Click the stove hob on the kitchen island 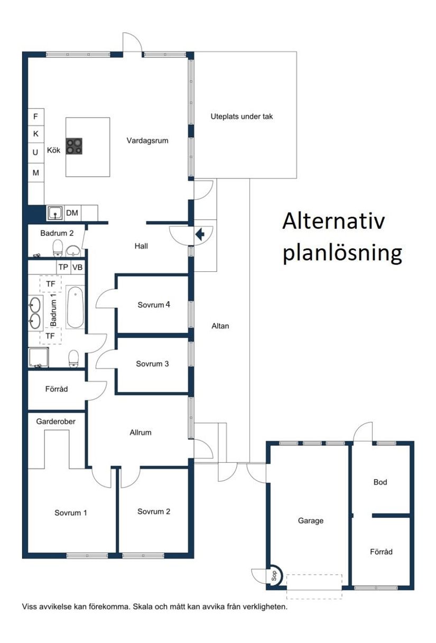[x=74, y=146]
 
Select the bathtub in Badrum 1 [x=75, y=307]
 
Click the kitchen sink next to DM [x=55, y=213]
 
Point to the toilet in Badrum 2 [x=58, y=247]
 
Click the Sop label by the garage [x=274, y=576]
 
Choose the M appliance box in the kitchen [x=36, y=172]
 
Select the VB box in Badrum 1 [x=78, y=268]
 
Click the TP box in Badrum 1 [x=63, y=268]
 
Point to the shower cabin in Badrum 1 [x=38, y=357]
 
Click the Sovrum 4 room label [x=154, y=305]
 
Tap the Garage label [x=310, y=521]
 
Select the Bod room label [x=380, y=482]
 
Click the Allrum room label [x=141, y=433]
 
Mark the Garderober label [x=56, y=421]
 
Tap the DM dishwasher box [x=72, y=213]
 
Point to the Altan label [x=220, y=326]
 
